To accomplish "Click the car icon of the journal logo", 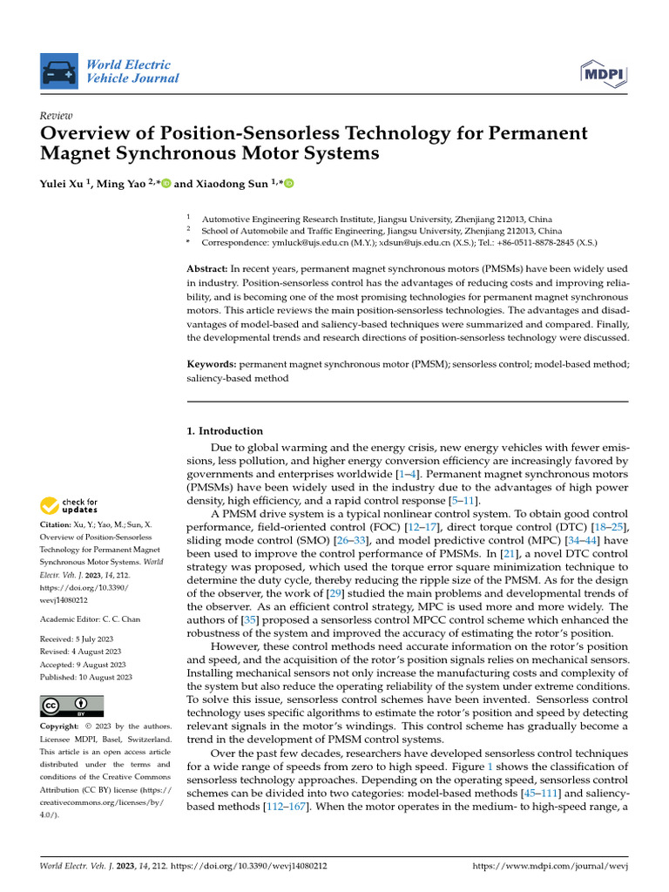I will pyautogui.click(x=60, y=72).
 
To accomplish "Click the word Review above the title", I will pyautogui.click(x=57, y=116).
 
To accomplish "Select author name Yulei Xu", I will pyautogui.click(x=65, y=184).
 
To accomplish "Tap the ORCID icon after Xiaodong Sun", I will pyautogui.click(x=289, y=184).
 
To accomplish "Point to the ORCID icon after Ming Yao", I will pyautogui.click(x=166, y=184).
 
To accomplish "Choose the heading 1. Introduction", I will pyautogui.click(x=226, y=430).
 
